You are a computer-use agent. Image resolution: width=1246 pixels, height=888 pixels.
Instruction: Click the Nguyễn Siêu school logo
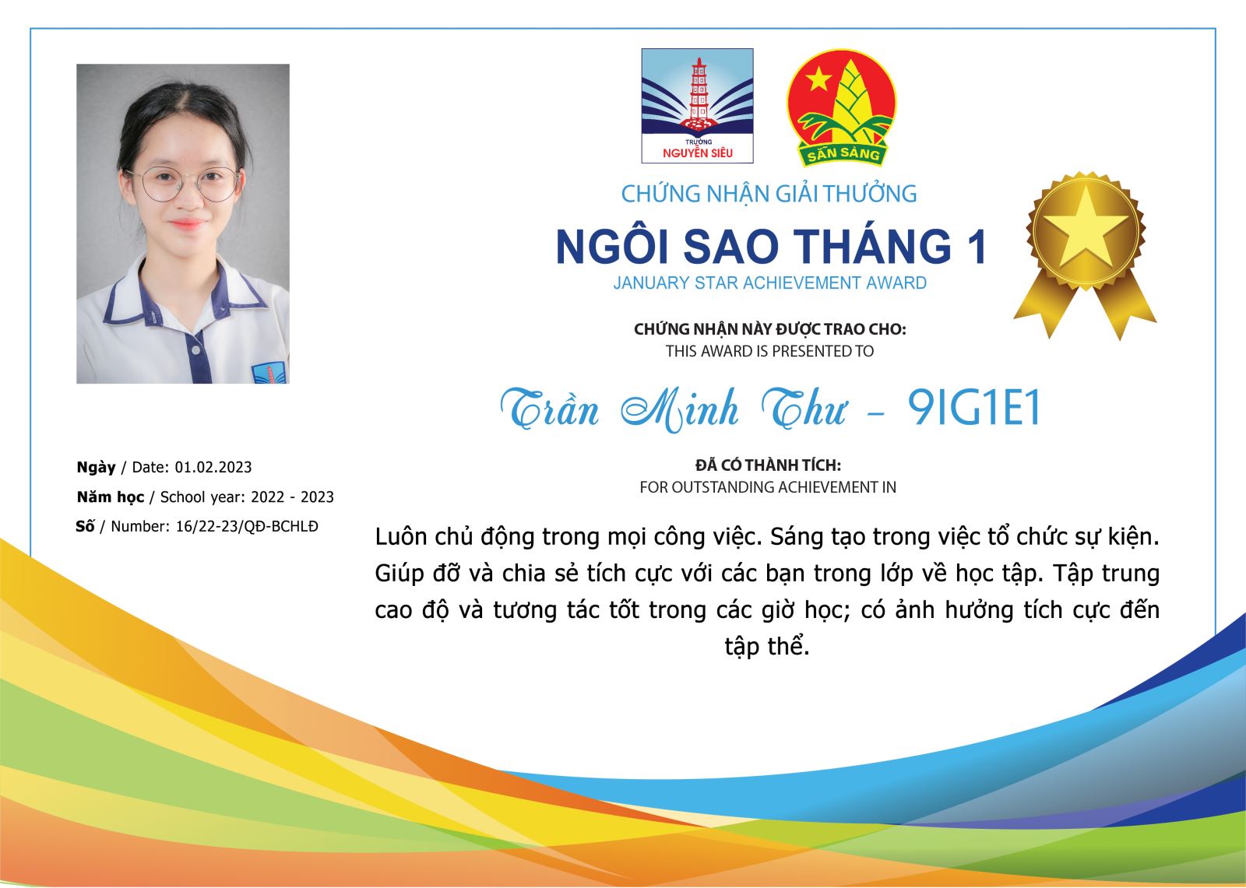tap(697, 106)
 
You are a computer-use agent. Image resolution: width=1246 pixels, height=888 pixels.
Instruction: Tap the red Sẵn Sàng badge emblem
tap(841, 107)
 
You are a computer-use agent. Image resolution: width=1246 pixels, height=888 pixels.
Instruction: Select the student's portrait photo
tap(183, 223)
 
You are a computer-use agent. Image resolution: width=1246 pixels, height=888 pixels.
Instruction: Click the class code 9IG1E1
tap(973, 408)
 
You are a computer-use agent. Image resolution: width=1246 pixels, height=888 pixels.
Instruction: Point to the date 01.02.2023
tap(213, 467)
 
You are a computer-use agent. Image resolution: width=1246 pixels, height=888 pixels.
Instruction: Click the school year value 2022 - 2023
tap(292, 497)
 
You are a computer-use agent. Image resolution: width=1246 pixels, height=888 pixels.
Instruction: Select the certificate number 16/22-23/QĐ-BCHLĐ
tap(247, 526)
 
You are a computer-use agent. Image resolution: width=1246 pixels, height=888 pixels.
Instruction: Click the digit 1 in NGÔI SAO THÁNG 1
tap(977, 247)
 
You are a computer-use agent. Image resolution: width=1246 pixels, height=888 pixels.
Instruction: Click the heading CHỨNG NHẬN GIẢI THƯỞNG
tap(769, 194)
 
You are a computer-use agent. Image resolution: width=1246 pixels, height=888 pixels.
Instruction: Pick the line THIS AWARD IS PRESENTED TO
tap(769, 352)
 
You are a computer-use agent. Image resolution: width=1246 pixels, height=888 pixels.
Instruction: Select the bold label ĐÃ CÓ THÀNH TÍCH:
tap(768, 465)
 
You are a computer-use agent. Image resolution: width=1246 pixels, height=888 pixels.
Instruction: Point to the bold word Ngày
tap(97, 468)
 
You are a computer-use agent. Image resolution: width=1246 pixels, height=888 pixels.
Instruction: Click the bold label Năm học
tap(111, 497)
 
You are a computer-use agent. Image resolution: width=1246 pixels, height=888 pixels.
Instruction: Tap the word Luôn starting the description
tap(400, 537)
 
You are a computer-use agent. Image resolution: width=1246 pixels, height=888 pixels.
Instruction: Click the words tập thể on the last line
tap(767, 647)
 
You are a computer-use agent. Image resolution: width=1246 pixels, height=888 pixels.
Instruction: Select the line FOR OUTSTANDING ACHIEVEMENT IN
tap(768, 487)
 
